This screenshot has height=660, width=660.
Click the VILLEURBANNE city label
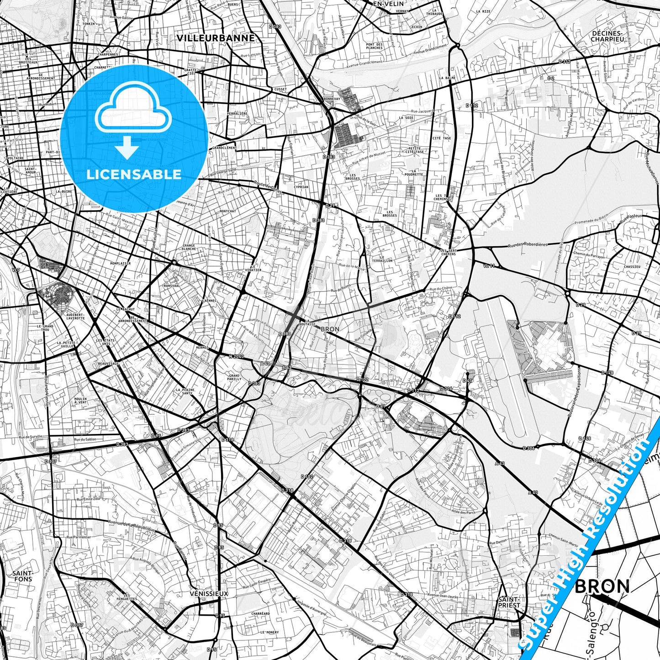tap(216, 38)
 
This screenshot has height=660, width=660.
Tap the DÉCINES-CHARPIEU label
tap(607, 36)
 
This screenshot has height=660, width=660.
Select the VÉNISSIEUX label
tap(209, 593)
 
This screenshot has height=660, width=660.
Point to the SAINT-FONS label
tap(22, 576)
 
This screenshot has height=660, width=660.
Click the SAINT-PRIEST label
tap(509, 602)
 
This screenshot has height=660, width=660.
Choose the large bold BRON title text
tap(602, 586)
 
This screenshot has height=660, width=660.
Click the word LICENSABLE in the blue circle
tap(134, 174)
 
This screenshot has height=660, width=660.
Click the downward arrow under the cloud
tap(127, 148)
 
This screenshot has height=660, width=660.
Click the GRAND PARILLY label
tap(234, 377)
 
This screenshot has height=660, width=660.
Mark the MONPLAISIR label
tap(121, 264)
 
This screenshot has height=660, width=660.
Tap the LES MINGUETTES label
tap(127, 597)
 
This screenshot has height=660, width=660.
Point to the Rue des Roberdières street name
tap(528, 245)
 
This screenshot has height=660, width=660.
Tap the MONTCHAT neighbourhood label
tap(228, 211)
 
